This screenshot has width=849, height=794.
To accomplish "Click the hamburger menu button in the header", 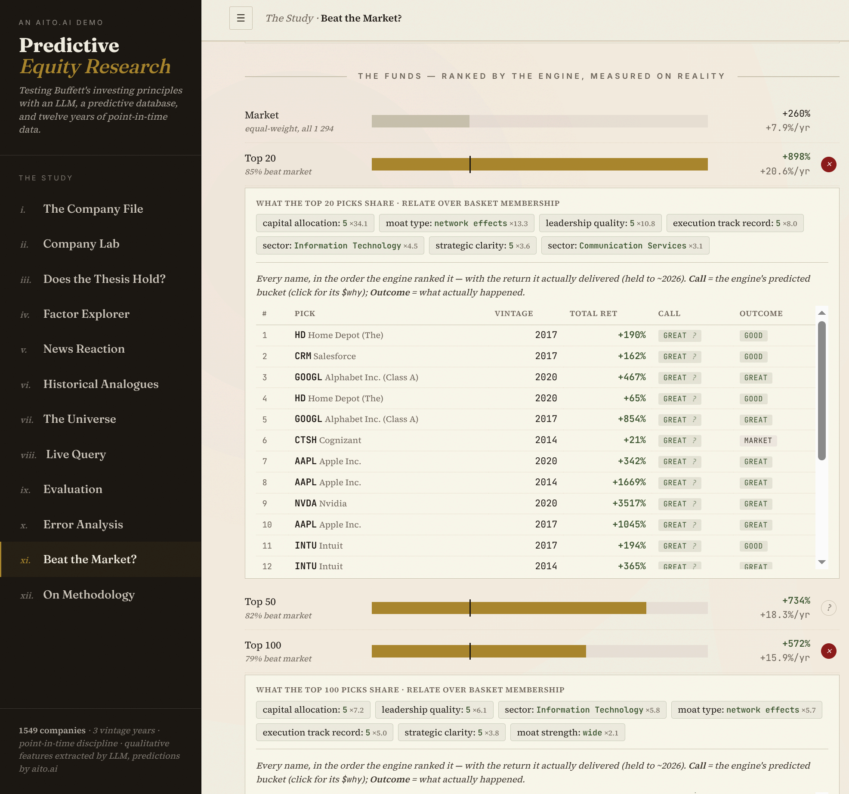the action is (241, 18).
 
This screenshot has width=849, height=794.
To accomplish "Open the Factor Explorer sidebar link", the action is (86, 314).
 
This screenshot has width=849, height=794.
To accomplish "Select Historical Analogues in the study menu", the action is (101, 384).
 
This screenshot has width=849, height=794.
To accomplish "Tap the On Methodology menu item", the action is (89, 595).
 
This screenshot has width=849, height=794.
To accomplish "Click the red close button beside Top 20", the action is (828, 164).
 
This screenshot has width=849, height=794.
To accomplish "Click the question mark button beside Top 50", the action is (828, 608).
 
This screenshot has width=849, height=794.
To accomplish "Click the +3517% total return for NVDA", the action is (629, 503).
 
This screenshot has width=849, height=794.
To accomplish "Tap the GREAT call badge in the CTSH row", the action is (679, 440).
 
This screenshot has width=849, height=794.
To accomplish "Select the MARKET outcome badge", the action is (758, 440).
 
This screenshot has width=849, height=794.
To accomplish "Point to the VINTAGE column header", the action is (514, 313).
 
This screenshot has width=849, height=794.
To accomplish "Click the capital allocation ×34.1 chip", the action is (315, 223).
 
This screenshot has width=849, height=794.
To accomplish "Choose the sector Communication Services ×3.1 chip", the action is (625, 245).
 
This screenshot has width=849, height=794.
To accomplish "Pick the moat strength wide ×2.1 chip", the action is (568, 732).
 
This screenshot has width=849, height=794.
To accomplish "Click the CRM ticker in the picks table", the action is (303, 356).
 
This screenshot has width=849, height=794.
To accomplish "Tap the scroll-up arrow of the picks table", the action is (822, 313).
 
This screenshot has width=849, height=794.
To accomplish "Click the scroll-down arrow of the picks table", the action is (822, 562).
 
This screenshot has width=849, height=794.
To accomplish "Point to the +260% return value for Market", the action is (796, 114).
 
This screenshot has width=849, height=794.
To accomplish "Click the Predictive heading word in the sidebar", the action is (69, 45).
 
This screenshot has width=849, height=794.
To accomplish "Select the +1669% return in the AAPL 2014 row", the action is (629, 482).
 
